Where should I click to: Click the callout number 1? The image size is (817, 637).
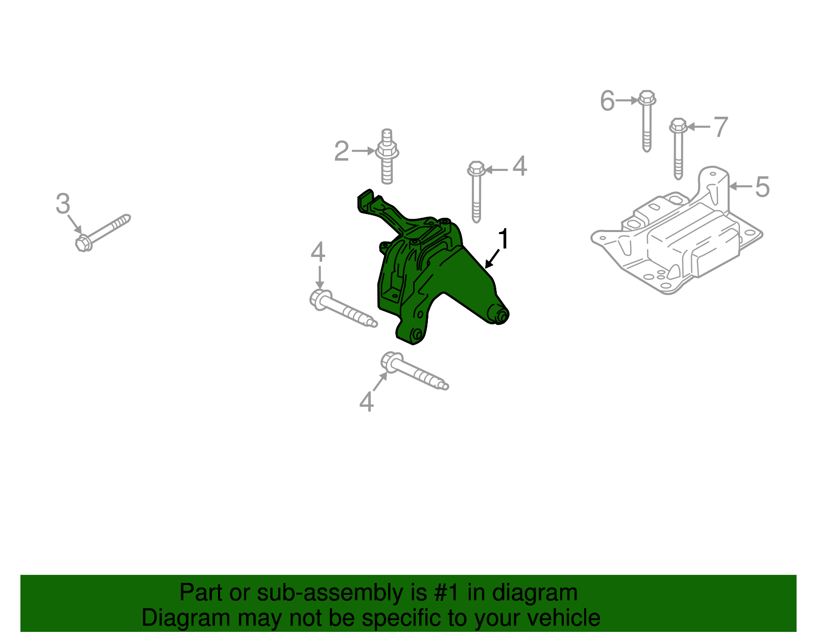[503, 239]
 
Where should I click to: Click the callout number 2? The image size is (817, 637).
[341, 151]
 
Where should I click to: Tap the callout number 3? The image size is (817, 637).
[63, 204]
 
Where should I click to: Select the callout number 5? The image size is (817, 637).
[762, 187]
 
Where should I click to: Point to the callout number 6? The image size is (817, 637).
[607, 100]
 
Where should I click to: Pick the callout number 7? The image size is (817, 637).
[720, 126]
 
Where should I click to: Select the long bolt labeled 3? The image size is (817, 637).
[103, 233]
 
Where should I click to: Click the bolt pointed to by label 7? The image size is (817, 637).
[678, 148]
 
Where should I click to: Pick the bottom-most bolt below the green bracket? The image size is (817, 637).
[414, 371]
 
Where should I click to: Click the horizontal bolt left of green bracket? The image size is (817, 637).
[342, 308]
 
